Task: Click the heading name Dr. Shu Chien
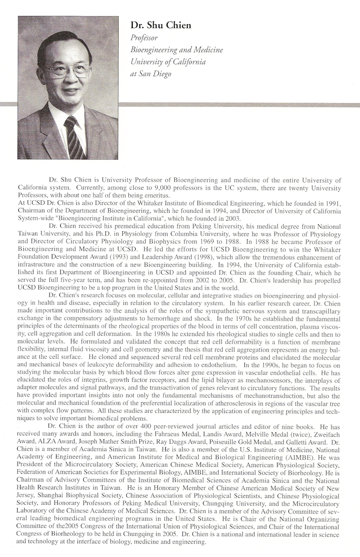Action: tap(161, 26)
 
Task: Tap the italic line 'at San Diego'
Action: tap(151, 74)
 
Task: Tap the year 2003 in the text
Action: tap(231, 218)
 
